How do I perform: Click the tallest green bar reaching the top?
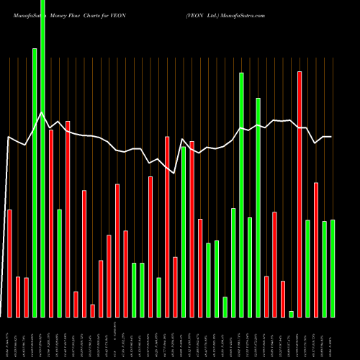(x=42, y=158)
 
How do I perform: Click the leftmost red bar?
(x=9, y=263)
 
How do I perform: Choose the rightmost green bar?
(x=332, y=268)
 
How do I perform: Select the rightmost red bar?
(x=315, y=250)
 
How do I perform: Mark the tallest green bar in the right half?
(x=241, y=194)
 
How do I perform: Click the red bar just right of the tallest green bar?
(x=51, y=223)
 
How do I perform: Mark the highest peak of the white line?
(x=42, y=113)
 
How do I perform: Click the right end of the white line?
(x=331, y=137)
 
